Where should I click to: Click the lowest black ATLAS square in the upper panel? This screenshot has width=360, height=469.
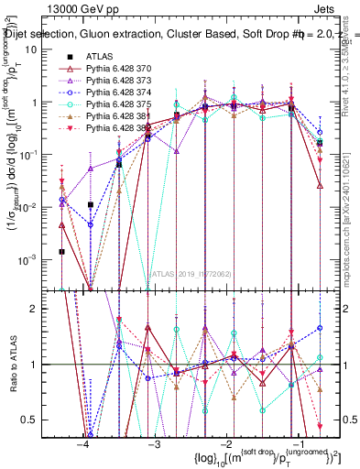coord(61,251)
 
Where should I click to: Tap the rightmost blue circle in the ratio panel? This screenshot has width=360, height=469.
coord(320,327)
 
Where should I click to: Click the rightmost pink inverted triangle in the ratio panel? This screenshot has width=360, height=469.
coord(320,426)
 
